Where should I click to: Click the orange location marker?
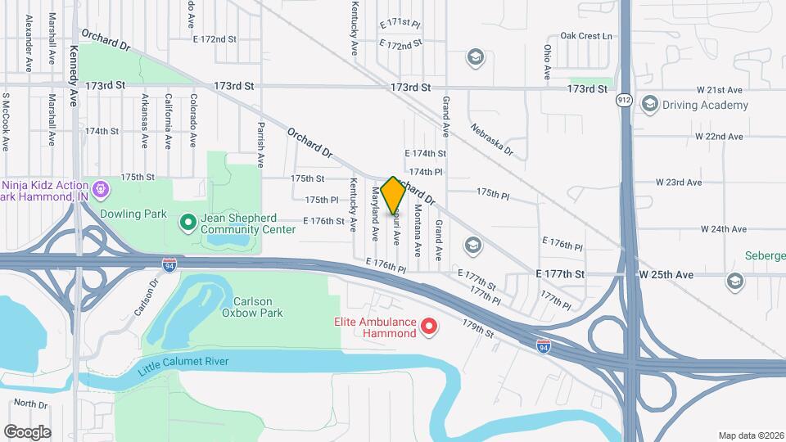(x=394, y=195)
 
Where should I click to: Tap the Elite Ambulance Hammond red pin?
(x=428, y=328)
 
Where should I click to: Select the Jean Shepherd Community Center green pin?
(x=187, y=221)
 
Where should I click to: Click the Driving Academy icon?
(x=650, y=104)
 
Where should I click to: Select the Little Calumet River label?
(x=183, y=361)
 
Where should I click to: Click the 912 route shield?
(x=625, y=100)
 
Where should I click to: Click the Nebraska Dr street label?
(x=491, y=139)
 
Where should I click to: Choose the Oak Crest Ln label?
(x=585, y=36)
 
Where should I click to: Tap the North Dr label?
(x=31, y=404)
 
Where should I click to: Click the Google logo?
(x=27, y=431)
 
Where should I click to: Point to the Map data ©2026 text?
(x=750, y=435)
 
